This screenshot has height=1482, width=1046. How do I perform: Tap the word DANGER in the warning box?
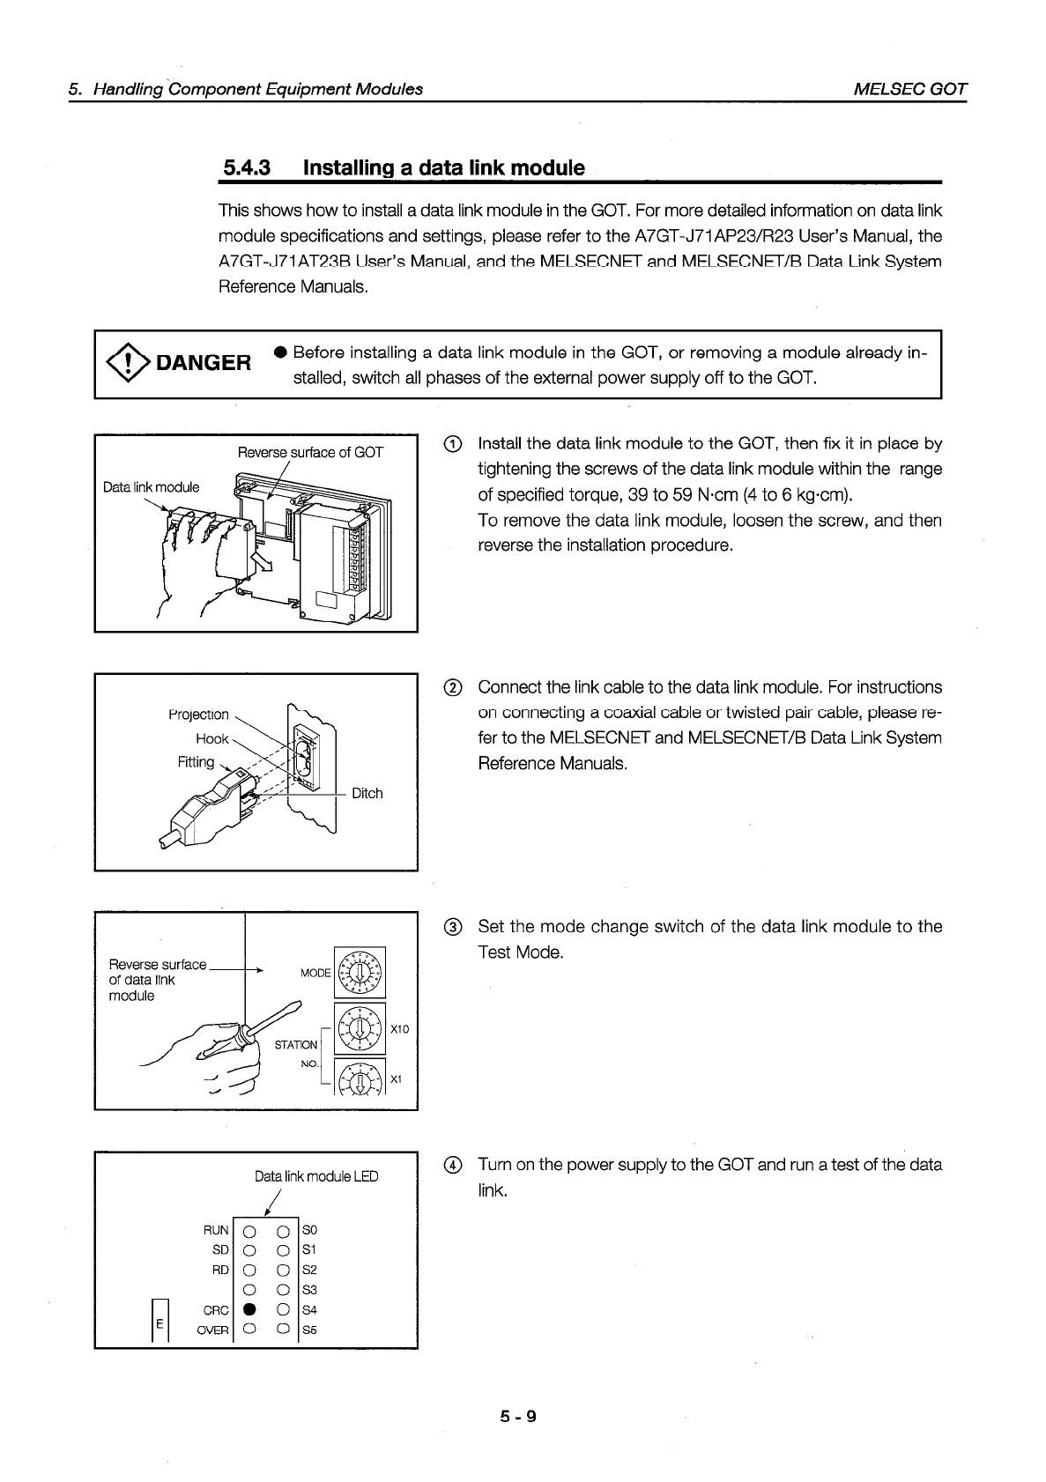203,362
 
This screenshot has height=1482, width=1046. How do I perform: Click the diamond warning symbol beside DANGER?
127,361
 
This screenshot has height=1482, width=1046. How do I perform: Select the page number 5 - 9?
517,1417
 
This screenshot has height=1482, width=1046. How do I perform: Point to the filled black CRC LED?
248,1309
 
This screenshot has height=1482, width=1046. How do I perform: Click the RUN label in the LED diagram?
217,1229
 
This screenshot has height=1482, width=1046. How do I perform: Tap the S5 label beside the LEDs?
309,1330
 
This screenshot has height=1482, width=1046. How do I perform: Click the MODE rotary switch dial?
360,972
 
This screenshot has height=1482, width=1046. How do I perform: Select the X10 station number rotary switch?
360,1027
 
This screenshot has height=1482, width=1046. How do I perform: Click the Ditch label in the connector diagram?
367,793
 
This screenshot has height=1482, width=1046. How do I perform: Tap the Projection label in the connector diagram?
198,715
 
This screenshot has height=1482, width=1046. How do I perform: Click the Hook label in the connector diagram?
212,738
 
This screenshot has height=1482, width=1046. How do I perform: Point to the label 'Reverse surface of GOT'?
310,453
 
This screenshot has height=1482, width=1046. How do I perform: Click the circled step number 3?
451,927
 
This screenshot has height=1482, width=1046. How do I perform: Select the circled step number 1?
451,444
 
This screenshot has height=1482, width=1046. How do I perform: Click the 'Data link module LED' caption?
316,1176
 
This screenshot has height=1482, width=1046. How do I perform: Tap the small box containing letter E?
159,1323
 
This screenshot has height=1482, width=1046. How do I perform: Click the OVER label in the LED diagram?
213,1330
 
